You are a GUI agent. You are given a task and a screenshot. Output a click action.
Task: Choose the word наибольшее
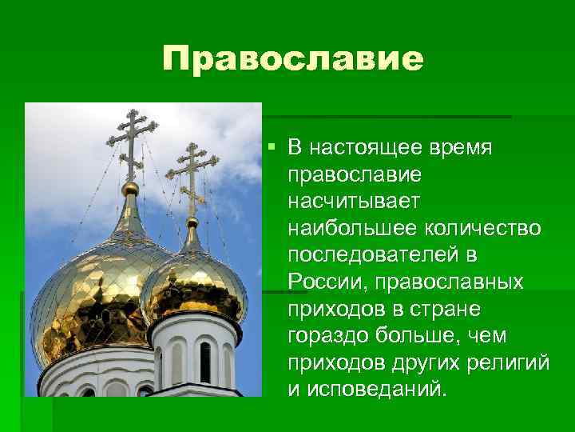[347, 228]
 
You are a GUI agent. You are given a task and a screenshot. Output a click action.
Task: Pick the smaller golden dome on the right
[194, 280]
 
